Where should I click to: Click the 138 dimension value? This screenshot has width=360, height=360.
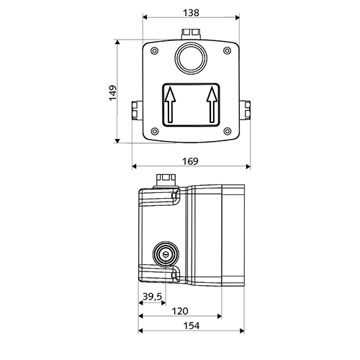pos(191,13)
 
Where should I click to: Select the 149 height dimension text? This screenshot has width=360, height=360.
pos(113,93)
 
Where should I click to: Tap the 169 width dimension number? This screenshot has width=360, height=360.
pos(190,161)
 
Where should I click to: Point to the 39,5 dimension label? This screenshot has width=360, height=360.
pos(153,297)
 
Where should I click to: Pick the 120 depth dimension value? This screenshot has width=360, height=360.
pos(180,311)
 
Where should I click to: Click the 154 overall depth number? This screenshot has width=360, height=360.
pos(192,326)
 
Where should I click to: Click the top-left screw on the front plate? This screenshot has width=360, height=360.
pos(155,51)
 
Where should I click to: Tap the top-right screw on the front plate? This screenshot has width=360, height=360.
pos(228,51)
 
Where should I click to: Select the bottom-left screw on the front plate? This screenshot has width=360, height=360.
pos(155,131)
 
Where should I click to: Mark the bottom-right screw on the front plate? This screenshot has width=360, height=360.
pos(228,131)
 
